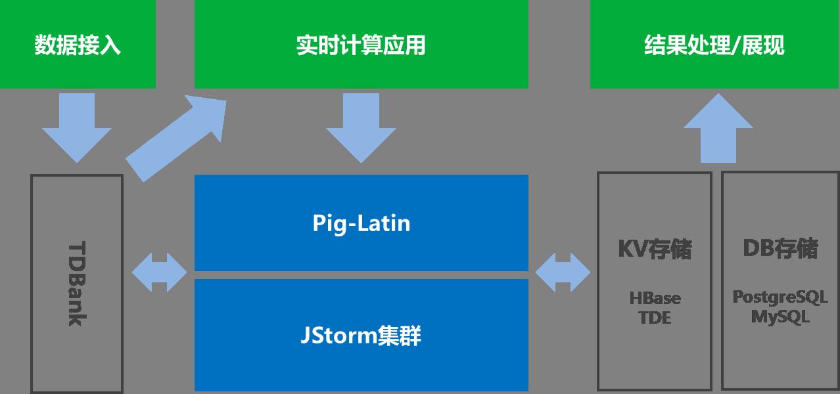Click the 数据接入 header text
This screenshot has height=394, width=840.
pyautogui.click(x=78, y=45)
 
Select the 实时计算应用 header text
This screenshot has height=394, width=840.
pyautogui.click(x=361, y=45)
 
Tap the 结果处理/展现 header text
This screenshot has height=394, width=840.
pyautogui.click(x=714, y=45)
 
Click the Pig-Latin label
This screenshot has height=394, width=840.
pyautogui.click(x=362, y=223)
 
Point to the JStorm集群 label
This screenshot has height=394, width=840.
pyautogui.click(x=361, y=335)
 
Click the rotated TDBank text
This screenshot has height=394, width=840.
pyautogui.click(x=78, y=284)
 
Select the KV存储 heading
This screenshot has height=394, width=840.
pyautogui.click(x=655, y=249)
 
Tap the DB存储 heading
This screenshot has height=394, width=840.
pyautogui.click(x=780, y=248)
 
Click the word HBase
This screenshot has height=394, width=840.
pyautogui.click(x=655, y=299)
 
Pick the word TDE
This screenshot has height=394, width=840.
pyautogui.click(x=655, y=318)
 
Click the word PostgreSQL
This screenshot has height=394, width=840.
pyautogui.click(x=780, y=297)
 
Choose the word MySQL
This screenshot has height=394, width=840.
pyautogui.click(x=780, y=317)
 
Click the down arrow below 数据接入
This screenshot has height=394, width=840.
pyautogui.click(x=77, y=128)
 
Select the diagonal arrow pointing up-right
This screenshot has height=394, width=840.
pyautogui.click(x=176, y=139)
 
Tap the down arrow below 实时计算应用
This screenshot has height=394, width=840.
pyautogui.click(x=361, y=128)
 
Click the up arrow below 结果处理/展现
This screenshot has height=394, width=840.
pyautogui.click(x=718, y=128)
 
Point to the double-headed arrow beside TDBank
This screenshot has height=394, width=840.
pyautogui.click(x=159, y=273)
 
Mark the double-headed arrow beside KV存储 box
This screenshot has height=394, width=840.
pyautogui.click(x=563, y=273)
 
